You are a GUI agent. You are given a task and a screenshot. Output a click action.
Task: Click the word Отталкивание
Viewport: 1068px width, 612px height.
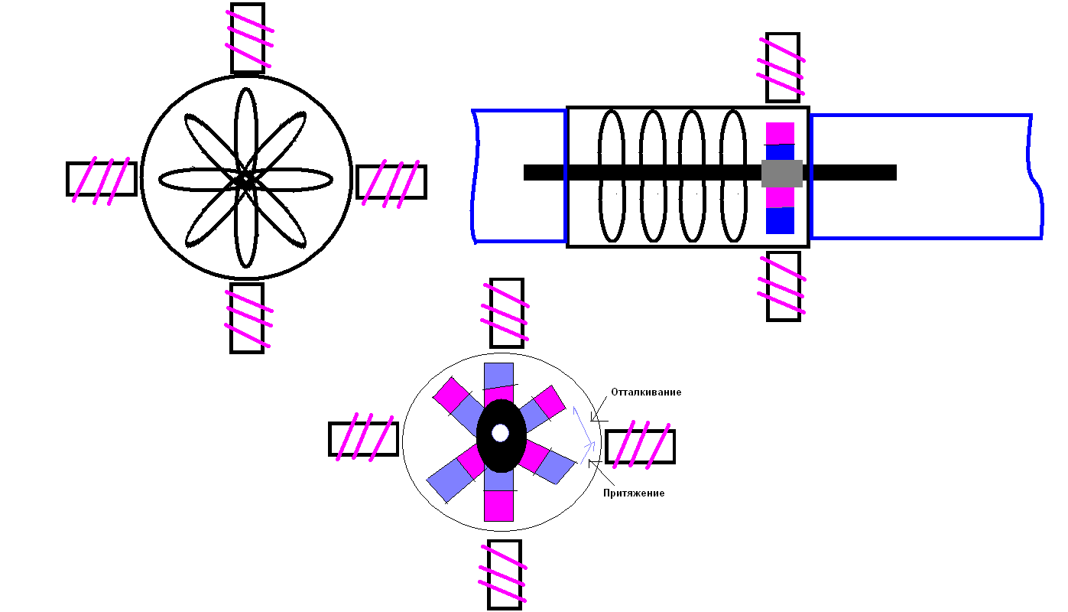click(x=646, y=392)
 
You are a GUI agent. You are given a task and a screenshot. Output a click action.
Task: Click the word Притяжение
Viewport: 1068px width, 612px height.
click(x=634, y=493)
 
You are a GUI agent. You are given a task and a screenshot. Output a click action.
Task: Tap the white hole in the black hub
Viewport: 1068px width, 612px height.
click(x=500, y=433)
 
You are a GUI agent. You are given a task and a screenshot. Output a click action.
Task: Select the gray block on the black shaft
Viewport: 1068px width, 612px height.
click(x=781, y=174)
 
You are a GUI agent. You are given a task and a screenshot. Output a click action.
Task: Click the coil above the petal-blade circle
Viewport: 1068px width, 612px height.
click(x=248, y=37)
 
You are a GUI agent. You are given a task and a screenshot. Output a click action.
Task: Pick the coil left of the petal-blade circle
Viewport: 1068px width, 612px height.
click(x=101, y=178)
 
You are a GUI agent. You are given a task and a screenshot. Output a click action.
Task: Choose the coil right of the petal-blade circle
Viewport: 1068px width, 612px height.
click(x=391, y=181)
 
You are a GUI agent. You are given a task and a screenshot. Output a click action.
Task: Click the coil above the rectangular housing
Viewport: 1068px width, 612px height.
click(x=782, y=67)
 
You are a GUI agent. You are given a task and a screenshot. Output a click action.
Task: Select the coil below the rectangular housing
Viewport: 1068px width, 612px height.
click(x=783, y=286)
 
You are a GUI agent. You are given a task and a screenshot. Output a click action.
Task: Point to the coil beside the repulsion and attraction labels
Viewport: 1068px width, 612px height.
click(x=640, y=447)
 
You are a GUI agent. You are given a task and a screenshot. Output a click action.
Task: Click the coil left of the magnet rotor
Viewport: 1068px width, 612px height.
click(x=363, y=438)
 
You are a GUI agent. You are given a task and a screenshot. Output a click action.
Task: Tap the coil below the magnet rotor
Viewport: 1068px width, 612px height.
click(x=505, y=575)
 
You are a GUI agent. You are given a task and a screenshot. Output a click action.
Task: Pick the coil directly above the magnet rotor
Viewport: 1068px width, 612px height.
click(x=506, y=312)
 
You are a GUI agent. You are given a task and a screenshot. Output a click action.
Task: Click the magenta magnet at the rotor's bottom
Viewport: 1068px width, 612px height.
click(x=498, y=506)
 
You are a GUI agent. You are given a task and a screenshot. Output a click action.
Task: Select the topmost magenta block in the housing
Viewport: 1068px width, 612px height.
click(x=781, y=133)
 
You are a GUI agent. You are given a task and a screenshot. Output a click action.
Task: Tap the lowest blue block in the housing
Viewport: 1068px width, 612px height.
click(x=780, y=220)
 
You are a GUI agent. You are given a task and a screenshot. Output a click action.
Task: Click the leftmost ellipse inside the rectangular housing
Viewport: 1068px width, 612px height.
click(x=611, y=175)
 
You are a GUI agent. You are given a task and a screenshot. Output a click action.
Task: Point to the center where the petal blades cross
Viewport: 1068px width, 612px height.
click(x=246, y=181)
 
